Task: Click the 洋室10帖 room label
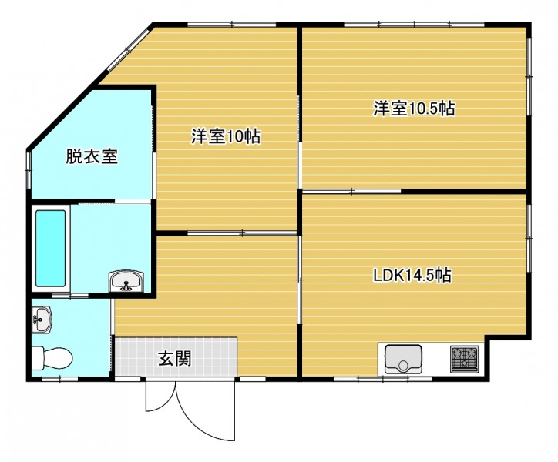pyautogui.click(x=226, y=136)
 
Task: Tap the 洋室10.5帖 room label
pyautogui.click(x=414, y=108)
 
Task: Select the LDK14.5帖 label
pyautogui.click(x=412, y=275)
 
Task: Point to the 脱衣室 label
pyautogui.click(x=92, y=156)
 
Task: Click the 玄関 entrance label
pyautogui.click(x=175, y=358)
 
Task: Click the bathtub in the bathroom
pyautogui.click(x=51, y=248)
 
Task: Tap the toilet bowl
pyautogui.click(x=52, y=359)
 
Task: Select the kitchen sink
pyautogui.click(x=404, y=360)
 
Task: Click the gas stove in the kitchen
pyautogui.click(x=465, y=359)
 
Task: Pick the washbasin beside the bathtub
pyautogui.click(x=126, y=282)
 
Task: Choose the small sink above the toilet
pyautogui.click(x=42, y=319)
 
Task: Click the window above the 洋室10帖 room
pyautogui.click(x=232, y=25)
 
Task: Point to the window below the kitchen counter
pyautogui.click(x=383, y=379)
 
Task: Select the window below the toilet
pyautogui.click(x=60, y=379)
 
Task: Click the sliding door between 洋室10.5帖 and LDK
pyautogui.click(x=351, y=192)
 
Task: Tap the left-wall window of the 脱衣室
pyautogui.click(x=29, y=170)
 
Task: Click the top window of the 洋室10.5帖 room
pyautogui.click(x=414, y=25)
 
